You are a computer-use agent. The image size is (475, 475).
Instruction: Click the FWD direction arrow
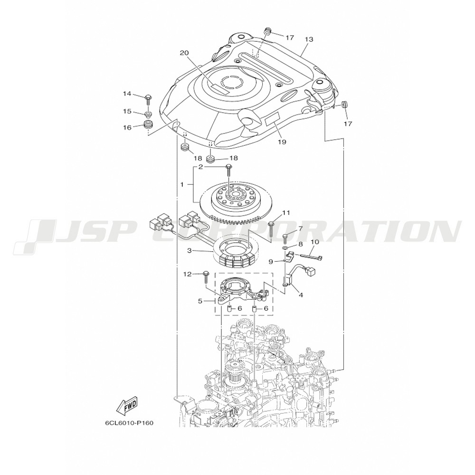(x=127, y=405)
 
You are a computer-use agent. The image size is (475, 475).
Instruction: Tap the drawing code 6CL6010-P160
(x=130, y=422)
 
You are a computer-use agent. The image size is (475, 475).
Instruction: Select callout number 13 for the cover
(x=309, y=39)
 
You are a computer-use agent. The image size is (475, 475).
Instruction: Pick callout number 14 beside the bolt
(x=127, y=94)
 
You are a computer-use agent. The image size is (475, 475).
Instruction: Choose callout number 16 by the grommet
(x=127, y=127)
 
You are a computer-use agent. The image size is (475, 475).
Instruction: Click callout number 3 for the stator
(x=189, y=250)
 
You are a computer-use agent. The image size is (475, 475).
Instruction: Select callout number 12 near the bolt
(x=188, y=274)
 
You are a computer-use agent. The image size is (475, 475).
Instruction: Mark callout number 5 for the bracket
(x=200, y=301)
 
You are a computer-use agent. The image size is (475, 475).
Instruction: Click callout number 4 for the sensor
(x=300, y=294)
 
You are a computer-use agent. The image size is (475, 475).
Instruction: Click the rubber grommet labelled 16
(x=148, y=126)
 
